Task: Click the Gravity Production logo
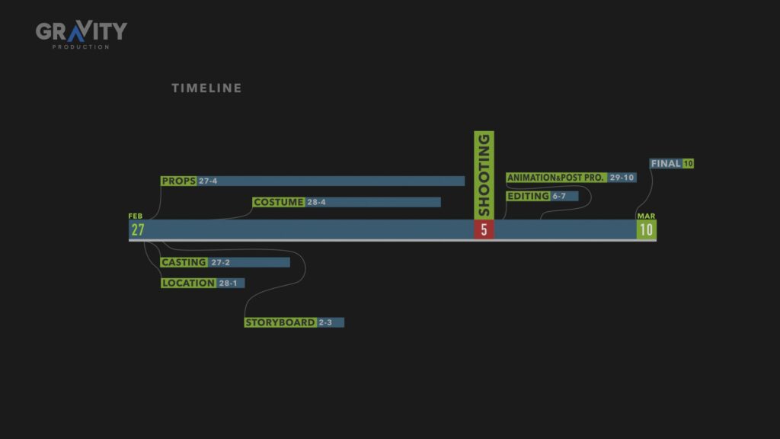[x=81, y=34]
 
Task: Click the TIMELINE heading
[x=206, y=88]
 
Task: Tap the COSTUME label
[x=279, y=203]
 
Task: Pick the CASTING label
[x=184, y=262]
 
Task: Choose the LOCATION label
[x=189, y=283]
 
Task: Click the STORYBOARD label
[x=280, y=322]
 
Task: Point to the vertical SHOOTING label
[x=484, y=175]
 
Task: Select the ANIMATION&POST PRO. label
[x=556, y=178]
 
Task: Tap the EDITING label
[x=528, y=197]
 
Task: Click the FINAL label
[x=666, y=164]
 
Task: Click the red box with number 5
[x=484, y=229]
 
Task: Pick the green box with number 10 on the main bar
[x=646, y=229]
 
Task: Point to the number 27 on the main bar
[x=138, y=229]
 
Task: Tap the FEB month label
[x=136, y=216]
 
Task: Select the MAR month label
[x=646, y=216]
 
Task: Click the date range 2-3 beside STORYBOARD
[x=325, y=322]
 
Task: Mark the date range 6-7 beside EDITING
[x=559, y=197]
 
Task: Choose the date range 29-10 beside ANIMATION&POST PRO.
[x=622, y=178]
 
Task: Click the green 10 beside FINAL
[x=689, y=164]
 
